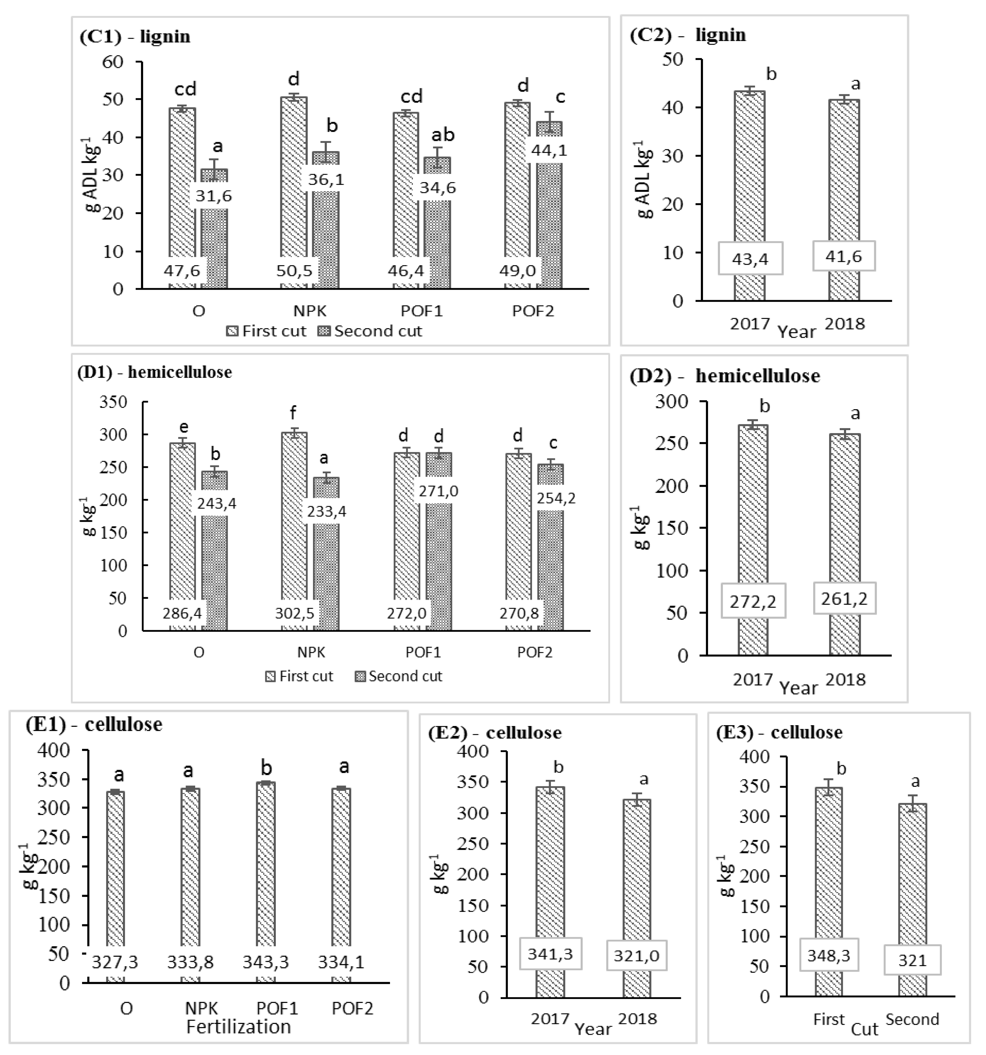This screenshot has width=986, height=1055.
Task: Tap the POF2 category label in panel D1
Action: [x=535, y=652]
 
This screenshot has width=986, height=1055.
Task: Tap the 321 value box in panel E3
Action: [x=912, y=959]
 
